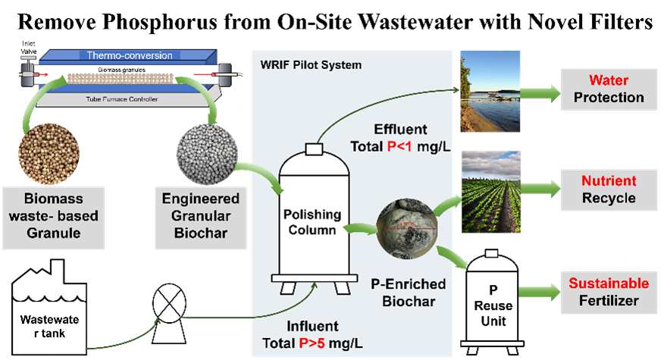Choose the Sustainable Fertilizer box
[609, 292]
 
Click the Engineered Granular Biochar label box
[202, 214]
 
